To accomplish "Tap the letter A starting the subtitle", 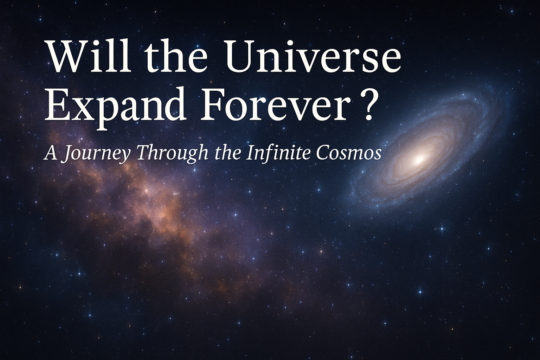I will click(x=51, y=154).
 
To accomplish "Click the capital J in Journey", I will click(x=66, y=154).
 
